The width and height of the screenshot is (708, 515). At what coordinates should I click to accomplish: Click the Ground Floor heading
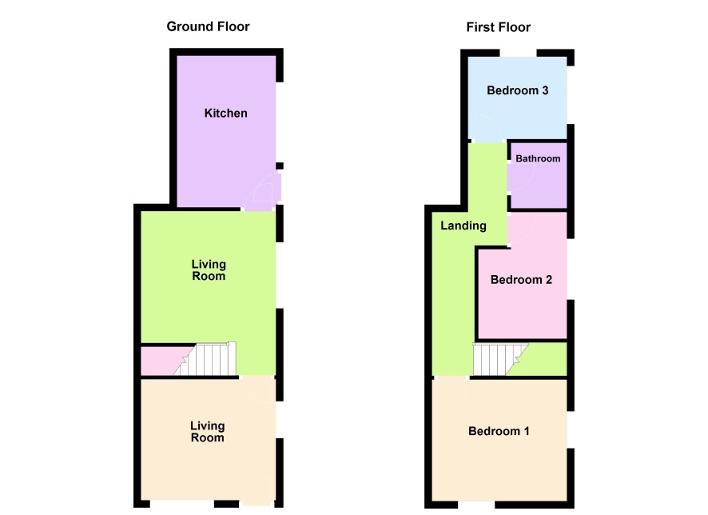coord(208,26)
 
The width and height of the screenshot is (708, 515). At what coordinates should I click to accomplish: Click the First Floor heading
coord(499,27)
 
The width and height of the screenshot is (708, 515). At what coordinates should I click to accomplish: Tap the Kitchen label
coord(226,113)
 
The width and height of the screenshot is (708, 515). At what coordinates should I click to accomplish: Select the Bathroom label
coord(538,158)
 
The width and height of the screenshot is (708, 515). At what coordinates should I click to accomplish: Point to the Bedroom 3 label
coord(518,90)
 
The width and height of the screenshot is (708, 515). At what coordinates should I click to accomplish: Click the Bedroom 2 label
coord(521,280)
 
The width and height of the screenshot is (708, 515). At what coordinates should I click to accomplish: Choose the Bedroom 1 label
coord(499,431)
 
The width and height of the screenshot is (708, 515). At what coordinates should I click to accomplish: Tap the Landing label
coord(463,226)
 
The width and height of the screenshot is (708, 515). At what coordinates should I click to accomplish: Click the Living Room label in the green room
coord(209,270)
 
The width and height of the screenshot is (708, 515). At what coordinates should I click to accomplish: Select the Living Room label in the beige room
coord(207,431)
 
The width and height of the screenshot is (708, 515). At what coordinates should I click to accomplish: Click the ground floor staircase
coord(205,359)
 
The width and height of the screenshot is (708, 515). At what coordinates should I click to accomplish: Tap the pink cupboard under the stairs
coord(162,361)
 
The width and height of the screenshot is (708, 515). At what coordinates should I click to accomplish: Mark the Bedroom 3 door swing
coord(487,128)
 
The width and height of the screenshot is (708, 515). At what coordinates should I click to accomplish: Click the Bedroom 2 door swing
coord(522,229)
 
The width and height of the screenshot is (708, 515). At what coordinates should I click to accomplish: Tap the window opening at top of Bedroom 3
coord(518,53)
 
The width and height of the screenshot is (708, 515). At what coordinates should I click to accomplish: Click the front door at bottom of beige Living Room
coord(258,493)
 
